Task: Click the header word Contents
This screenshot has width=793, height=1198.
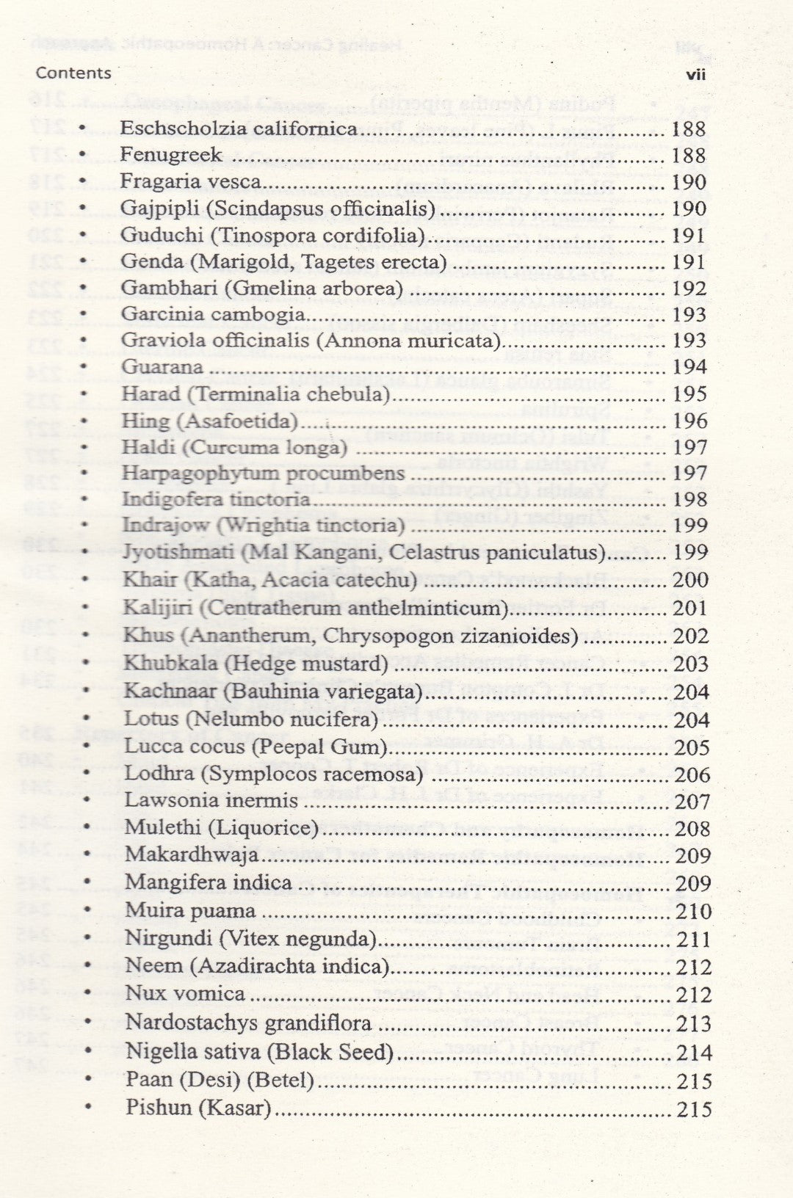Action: [73, 73]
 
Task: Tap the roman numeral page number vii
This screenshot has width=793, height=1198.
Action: [695, 75]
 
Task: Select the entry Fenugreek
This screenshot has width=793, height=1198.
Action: [171, 155]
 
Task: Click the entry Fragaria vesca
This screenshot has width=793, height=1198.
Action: [191, 181]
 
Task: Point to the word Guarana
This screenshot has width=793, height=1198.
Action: [162, 367]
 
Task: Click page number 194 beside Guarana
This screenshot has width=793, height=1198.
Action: [689, 367]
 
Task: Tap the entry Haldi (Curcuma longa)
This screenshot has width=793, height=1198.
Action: [234, 447]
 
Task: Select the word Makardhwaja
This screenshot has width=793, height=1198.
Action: [192, 855]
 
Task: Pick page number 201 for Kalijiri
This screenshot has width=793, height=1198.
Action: [690, 608]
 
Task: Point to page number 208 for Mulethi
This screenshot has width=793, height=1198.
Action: [692, 829]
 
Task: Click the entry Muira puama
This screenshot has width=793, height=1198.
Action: [190, 911]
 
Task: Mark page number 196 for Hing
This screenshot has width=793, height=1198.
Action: [690, 421]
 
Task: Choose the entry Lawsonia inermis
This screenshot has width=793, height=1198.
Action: [211, 800]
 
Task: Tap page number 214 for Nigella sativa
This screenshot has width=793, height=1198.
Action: [694, 1053]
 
